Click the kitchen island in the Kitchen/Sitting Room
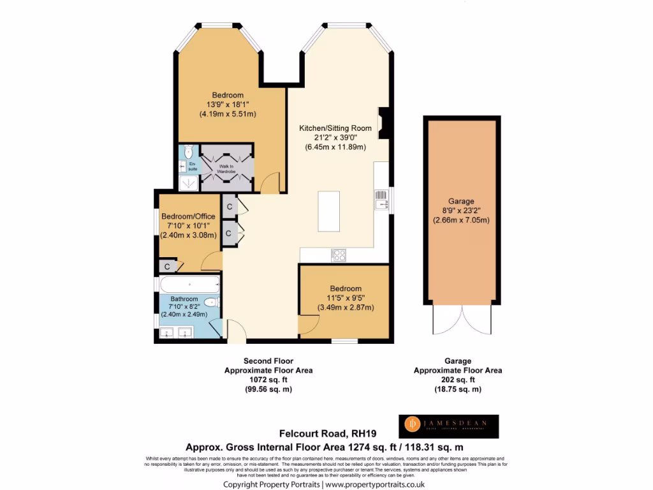329,211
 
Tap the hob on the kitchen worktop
339,255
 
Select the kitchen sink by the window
381,200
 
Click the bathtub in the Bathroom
189,285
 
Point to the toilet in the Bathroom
212,302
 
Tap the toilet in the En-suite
188,152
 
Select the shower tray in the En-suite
189,183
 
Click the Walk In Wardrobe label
227,168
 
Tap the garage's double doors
463,318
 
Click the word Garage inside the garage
460,201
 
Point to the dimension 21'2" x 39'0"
335,138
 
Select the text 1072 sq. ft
268,380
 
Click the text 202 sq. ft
457,380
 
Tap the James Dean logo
449,426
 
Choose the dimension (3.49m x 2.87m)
345,308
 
